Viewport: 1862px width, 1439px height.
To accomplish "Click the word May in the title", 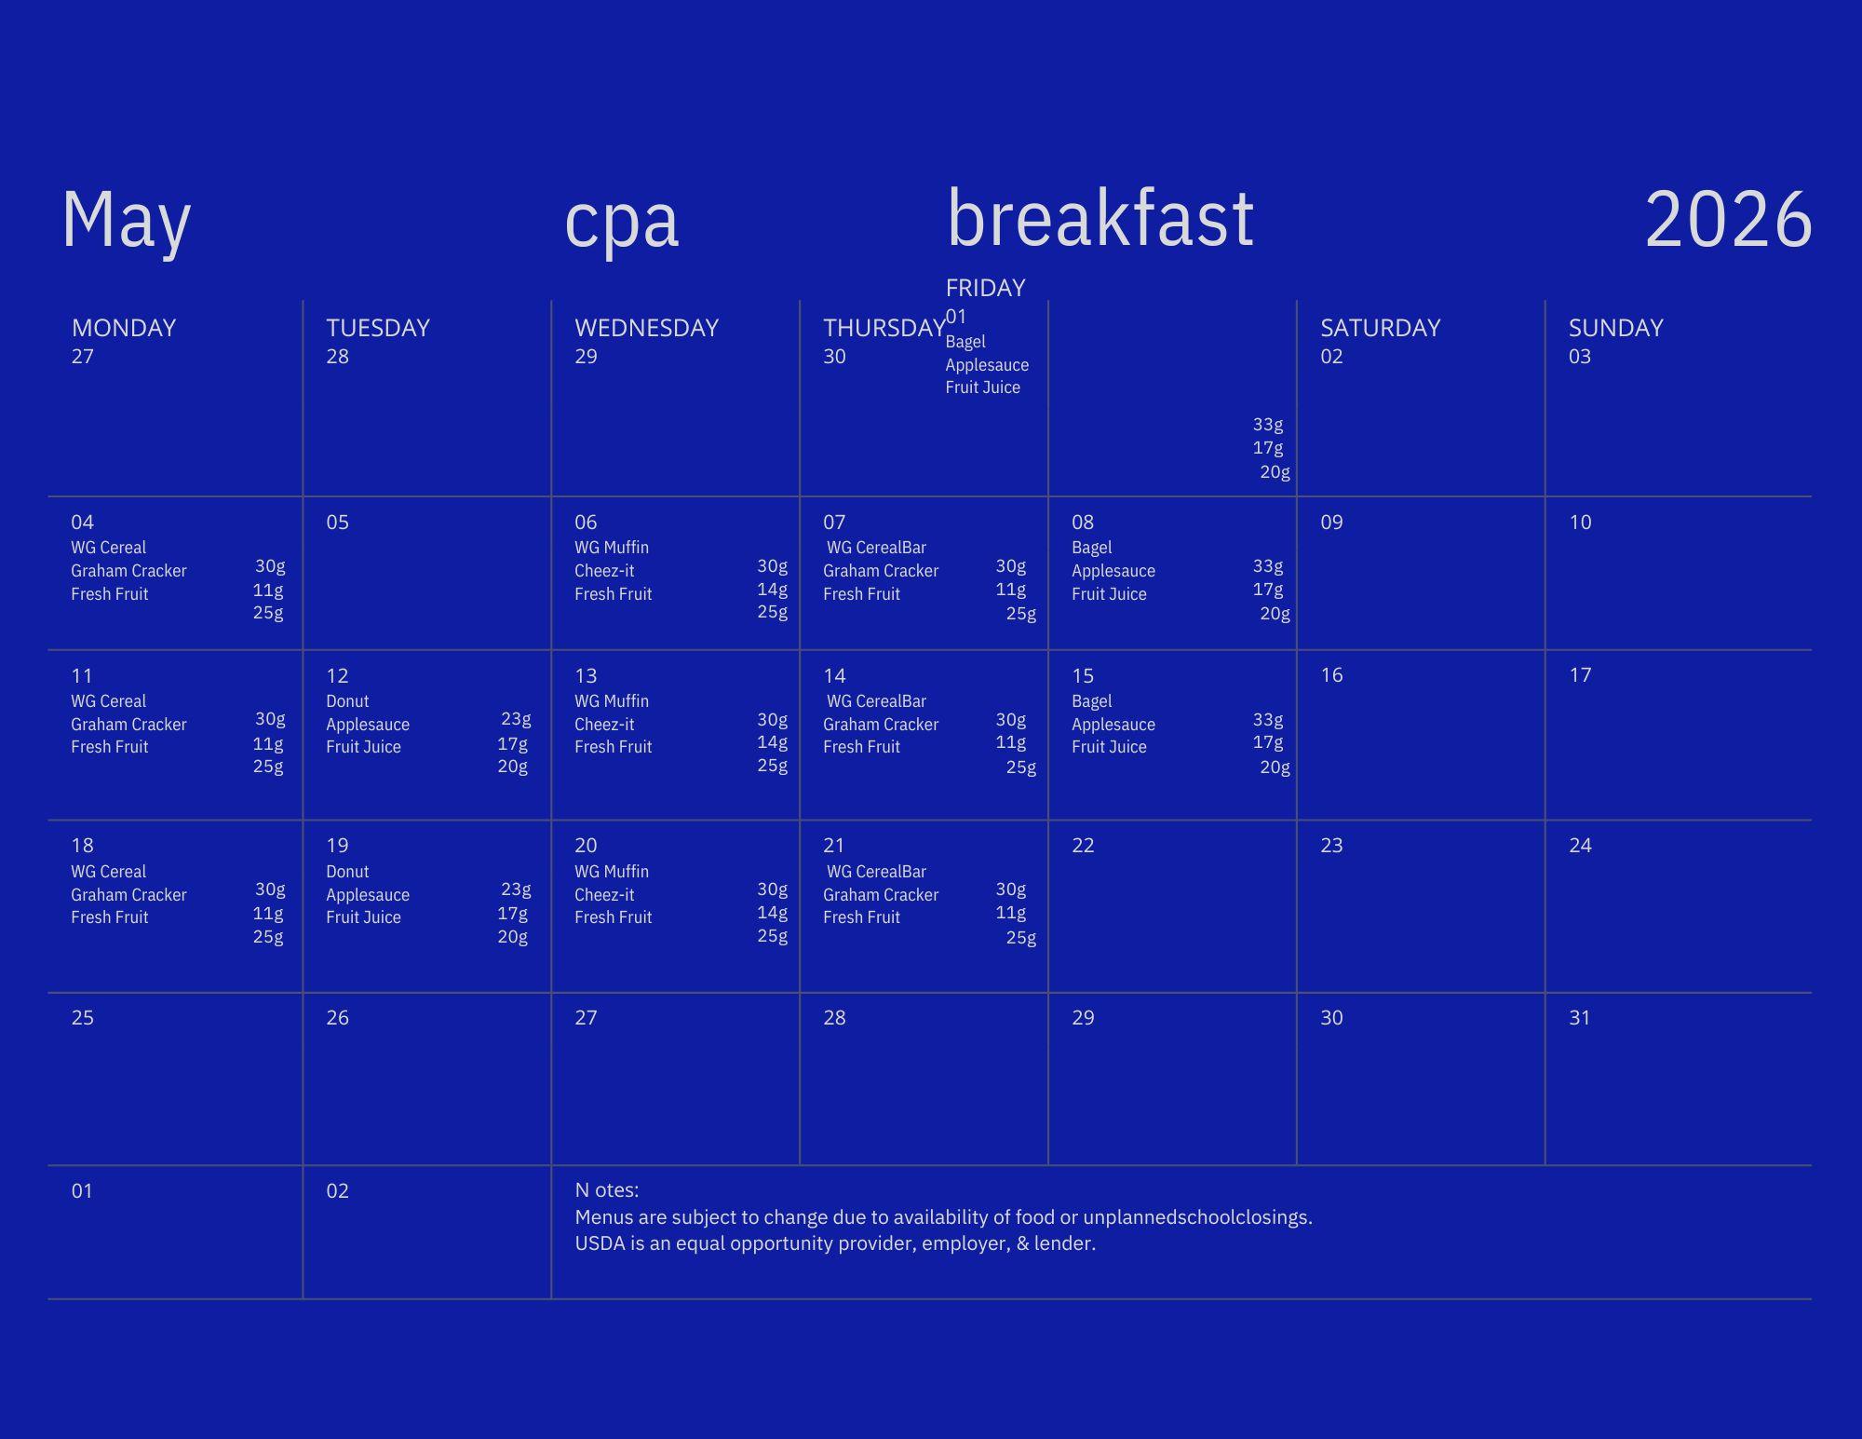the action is (x=127, y=221).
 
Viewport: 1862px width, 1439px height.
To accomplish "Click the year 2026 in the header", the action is (x=1729, y=219).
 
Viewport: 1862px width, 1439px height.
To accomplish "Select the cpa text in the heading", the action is (x=622, y=224).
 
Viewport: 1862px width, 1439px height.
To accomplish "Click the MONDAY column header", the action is (x=124, y=328).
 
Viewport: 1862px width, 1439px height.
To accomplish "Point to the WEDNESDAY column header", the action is (x=646, y=328).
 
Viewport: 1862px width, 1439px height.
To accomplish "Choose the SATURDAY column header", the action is (x=1380, y=328).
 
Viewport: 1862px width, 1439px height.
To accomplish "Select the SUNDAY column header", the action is (x=1615, y=328).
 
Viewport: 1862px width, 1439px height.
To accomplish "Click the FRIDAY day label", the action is (x=985, y=288).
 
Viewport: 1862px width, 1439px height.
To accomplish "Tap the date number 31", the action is (x=1580, y=1018).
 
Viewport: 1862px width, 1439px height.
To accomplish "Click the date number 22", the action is (x=1083, y=846).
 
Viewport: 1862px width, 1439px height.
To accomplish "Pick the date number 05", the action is (x=337, y=523).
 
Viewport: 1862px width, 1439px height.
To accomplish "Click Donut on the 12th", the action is (x=347, y=701).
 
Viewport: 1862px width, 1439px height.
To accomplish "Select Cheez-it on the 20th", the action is (x=604, y=895).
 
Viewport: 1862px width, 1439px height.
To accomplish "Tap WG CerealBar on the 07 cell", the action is (x=876, y=548).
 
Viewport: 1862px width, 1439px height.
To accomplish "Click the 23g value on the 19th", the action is (x=516, y=889).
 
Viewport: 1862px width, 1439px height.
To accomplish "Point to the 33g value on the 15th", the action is (x=1268, y=720).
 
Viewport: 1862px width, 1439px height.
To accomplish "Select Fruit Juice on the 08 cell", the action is (x=1109, y=594).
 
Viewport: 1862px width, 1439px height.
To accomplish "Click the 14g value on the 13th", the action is (x=772, y=742).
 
